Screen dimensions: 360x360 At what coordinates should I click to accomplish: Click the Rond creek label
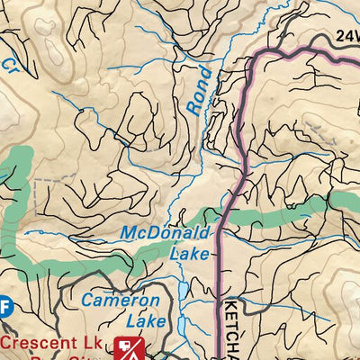[200, 90]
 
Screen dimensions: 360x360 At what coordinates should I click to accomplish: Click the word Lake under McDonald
[189, 254]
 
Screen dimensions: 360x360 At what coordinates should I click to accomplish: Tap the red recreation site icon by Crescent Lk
[132, 347]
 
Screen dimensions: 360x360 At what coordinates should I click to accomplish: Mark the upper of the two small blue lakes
[183, 290]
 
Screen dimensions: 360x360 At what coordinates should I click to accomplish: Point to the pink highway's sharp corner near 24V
[257, 56]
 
